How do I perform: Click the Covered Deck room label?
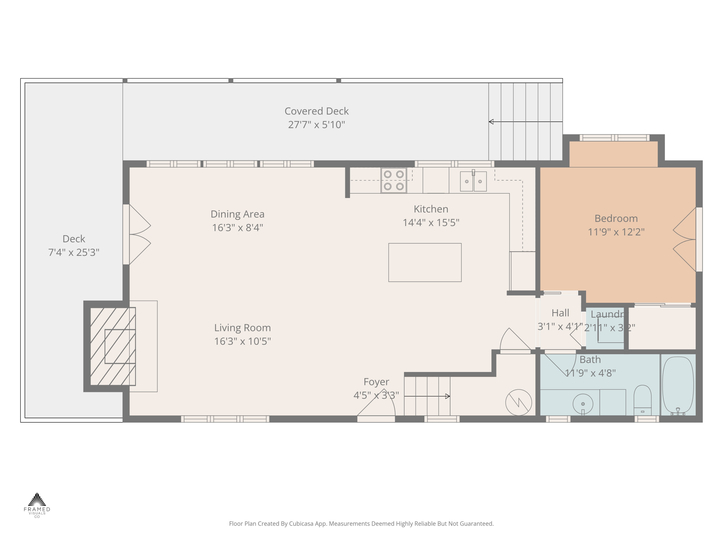(316, 111)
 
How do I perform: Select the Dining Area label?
(237, 214)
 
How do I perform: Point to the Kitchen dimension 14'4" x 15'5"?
(431, 223)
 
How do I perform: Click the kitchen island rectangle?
(425, 262)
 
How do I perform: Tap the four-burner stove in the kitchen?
(394, 180)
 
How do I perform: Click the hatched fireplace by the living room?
(113, 346)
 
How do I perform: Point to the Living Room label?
(242, 328)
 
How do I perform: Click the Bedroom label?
(616, 218)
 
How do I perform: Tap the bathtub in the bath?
(677, 385)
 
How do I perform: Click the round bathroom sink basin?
(583, 404)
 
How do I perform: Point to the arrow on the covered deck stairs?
(491, 122)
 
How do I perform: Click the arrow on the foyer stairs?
(447, 396)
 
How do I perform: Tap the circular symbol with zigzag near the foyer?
(518, 403)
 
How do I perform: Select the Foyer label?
(376, 382)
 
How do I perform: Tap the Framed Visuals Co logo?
(37, 504)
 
